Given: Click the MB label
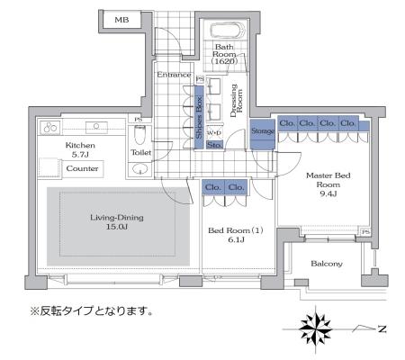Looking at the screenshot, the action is pyautogui.click(x=121, y=20).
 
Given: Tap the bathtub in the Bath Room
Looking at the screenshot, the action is pyautogui.click(x=228, y=31).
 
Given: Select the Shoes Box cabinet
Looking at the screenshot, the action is pyautogui.click(x=199, y=117).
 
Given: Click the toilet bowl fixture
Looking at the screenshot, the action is pyautogui.click(x=139, y=135).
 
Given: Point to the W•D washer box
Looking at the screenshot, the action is pyautogui.click(x=214, y=132).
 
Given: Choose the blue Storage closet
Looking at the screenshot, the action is pyautogui.click(x=263, y=134).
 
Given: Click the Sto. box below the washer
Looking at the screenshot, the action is pyautogui.click(x=215, y=145).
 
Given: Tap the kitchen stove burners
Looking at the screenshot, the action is pyautogui.click(x=50, y=128).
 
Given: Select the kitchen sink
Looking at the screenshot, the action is pyautogui.click(x=96, y=127).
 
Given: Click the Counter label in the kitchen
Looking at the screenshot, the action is pyautogui.click(x=82, y=168).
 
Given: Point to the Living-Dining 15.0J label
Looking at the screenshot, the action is pyautogui.click(x=117, y=221).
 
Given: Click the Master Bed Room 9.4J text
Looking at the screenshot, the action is pyautogui.click(x=328, y=184).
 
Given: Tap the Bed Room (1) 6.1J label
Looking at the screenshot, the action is pyautogui.click(x=236, y=235).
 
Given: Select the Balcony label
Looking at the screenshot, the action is pyautogui.click(x=327, y=264).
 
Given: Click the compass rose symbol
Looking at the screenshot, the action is pyautogui.click(x=316, y=329).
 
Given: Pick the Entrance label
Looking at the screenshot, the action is pyautogui.click(x=174, y=75).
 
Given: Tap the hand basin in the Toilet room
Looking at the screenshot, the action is pyautogui.click(x=140, y=169).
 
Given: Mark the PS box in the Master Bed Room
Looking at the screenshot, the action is pyautogui.click(x=365, y=232).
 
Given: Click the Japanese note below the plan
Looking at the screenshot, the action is pyautogui.click(x=91, y=311).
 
